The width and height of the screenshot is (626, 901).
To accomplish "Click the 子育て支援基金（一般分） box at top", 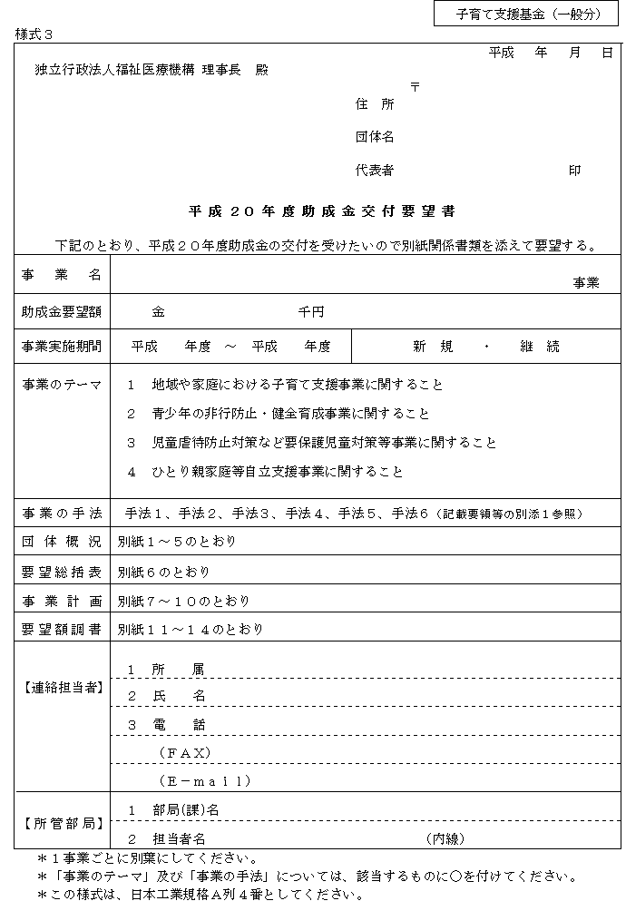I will pos(528,15).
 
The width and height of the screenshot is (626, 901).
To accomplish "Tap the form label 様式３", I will pos(35,34).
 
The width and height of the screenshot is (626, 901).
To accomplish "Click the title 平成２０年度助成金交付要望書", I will pos(322,211).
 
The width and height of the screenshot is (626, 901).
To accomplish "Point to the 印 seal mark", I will pos(574,171).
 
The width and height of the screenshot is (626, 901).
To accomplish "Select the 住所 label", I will pos(375,104).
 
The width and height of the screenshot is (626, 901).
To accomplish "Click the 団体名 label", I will pos(375,138).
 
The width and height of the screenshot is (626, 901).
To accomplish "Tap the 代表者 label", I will pos(375,171).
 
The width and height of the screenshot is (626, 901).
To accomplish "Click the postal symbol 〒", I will pos(415,87).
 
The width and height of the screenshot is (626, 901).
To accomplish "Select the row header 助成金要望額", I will pos(62,312).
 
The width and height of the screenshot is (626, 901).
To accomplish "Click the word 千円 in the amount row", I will pos(311,312).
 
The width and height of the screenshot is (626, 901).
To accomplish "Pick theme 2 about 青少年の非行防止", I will pos(278,414).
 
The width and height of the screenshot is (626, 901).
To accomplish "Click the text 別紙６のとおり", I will pos(163,572).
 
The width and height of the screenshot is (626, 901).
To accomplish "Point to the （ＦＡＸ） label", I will pos(185,752).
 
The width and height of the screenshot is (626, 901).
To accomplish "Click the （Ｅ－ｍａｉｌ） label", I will pos(205,780).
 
